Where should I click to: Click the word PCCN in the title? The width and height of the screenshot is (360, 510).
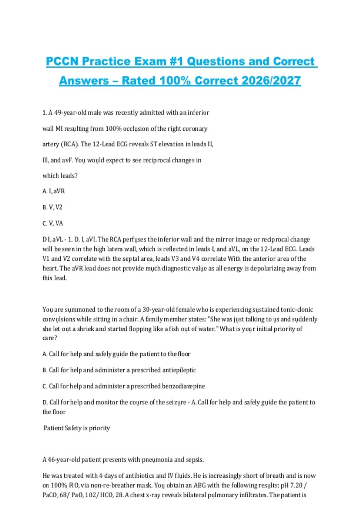coord(62,61)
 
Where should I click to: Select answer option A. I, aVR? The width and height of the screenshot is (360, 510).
coord(54,191)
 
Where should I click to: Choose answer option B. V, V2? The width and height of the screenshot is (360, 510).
coord(52,207)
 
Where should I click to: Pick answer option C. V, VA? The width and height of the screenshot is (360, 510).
coord(53,223)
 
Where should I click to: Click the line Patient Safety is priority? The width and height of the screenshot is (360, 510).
coord(77,428)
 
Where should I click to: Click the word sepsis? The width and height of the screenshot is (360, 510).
coord(195,460)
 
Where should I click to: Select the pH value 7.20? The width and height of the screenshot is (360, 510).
coord(296,485)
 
